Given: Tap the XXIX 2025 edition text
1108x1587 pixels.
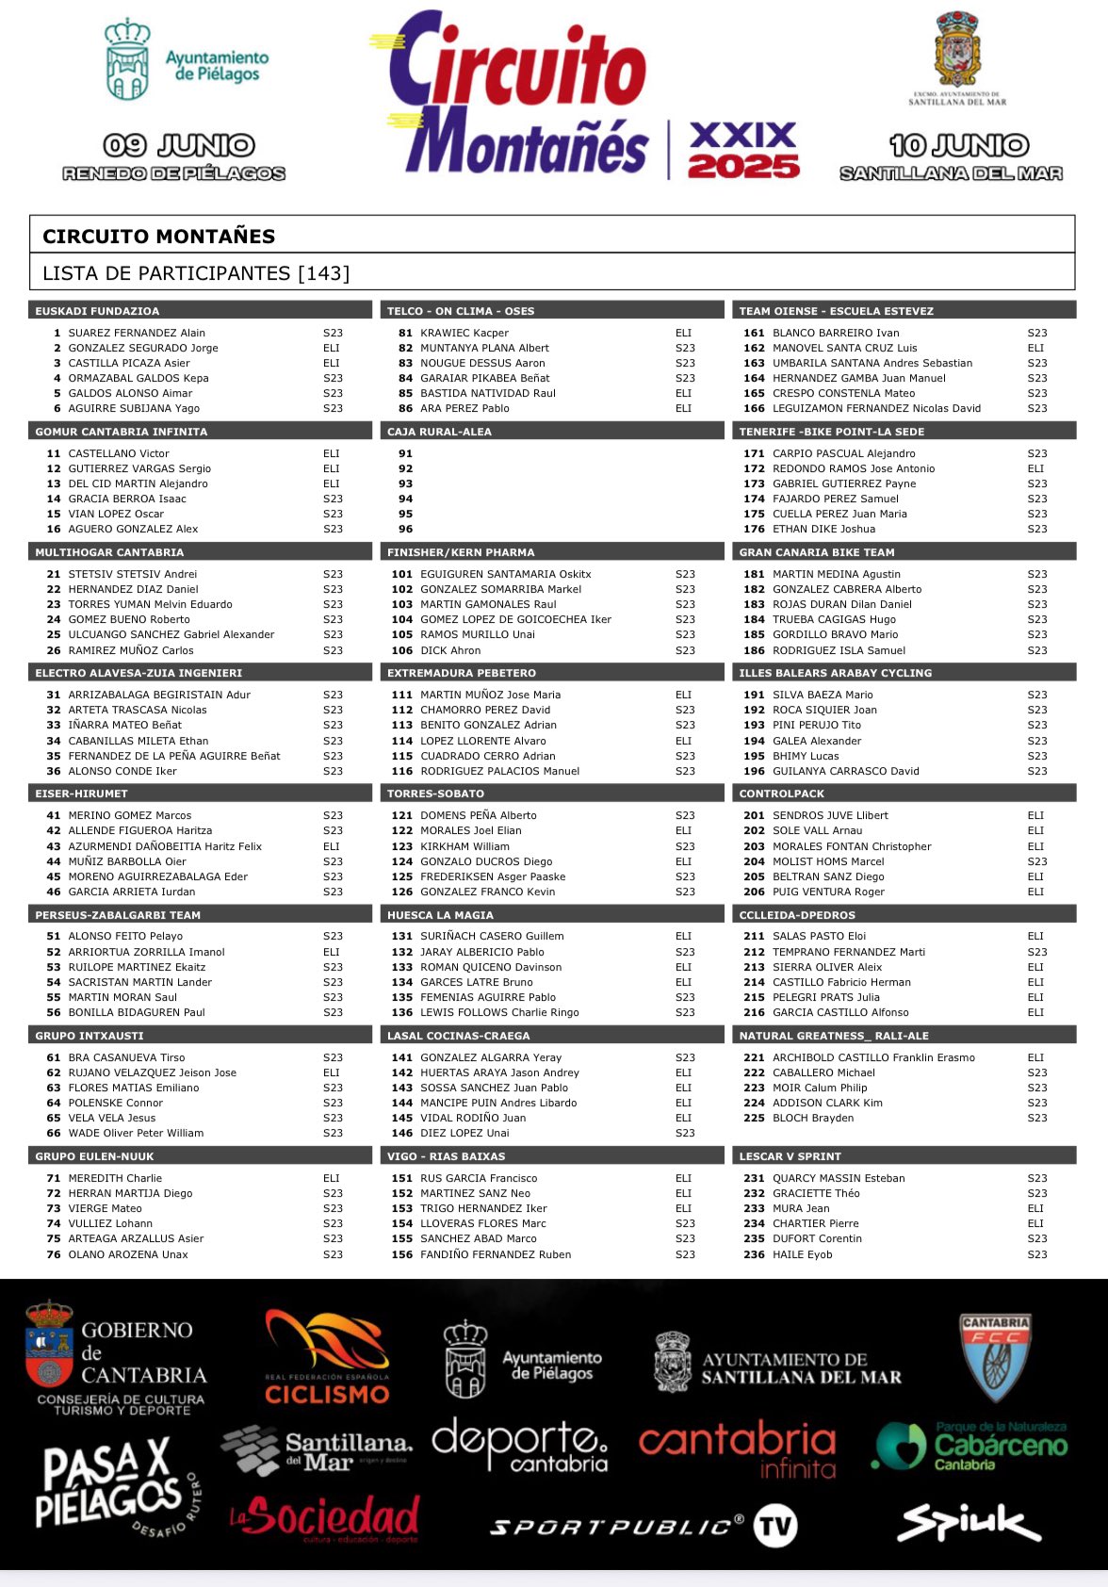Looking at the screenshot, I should (743, 150).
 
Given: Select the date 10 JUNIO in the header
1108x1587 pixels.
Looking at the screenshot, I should (959, 145).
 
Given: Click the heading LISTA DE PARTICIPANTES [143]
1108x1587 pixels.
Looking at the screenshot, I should (196, 273).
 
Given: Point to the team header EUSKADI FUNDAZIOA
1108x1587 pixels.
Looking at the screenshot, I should (97, 311).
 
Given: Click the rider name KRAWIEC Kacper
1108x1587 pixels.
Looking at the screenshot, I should (464, 333).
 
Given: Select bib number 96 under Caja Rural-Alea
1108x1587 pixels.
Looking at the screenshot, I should (405, 529).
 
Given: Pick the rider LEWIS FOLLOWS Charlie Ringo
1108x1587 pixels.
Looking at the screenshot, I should (499, 1012).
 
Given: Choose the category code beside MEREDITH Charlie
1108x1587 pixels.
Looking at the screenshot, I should (332, 1178).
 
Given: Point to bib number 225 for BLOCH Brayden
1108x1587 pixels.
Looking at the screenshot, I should (754, 1118).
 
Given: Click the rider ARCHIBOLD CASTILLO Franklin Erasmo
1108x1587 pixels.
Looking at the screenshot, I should (873, 1057).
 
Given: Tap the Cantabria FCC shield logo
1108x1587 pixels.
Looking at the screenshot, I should (995, 1358).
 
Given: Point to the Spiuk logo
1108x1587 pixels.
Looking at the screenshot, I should (969, 1524).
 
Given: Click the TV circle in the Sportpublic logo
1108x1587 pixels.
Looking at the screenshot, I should (776, 1527).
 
